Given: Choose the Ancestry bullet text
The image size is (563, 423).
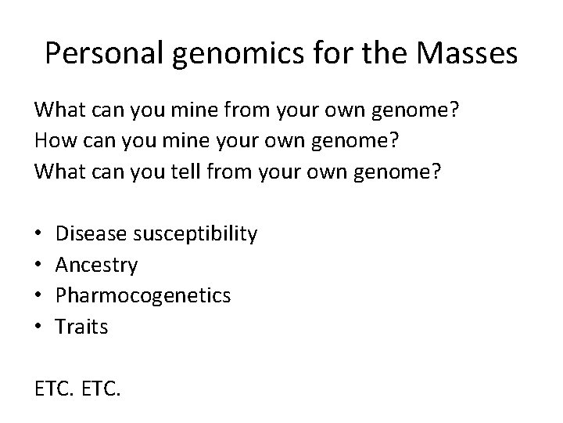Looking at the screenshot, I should pos(96,265).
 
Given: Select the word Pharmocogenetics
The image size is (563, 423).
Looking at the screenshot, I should pos(143,296).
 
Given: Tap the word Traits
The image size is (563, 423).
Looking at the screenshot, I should pos(81,327).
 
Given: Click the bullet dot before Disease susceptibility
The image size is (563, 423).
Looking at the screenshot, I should pos(38,234).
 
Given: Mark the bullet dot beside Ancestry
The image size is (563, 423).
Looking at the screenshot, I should pos(38,266).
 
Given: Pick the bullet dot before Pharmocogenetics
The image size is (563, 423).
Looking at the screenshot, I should pos(38,296).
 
